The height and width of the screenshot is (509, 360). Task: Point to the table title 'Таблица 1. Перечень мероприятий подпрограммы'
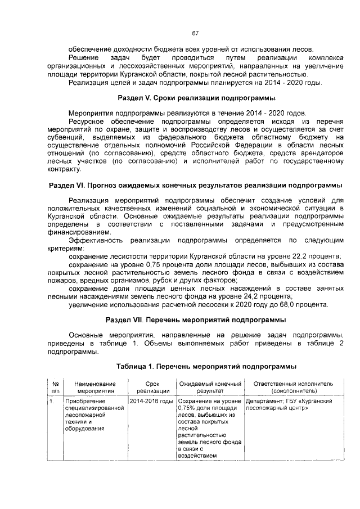point(206,366)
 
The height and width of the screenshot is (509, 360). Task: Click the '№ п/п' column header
point(55,386)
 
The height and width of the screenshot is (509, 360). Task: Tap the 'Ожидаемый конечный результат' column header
point(210,386)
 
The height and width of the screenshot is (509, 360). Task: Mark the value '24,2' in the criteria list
point(251,296)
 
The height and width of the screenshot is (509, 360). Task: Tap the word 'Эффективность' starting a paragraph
point(94,240)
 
